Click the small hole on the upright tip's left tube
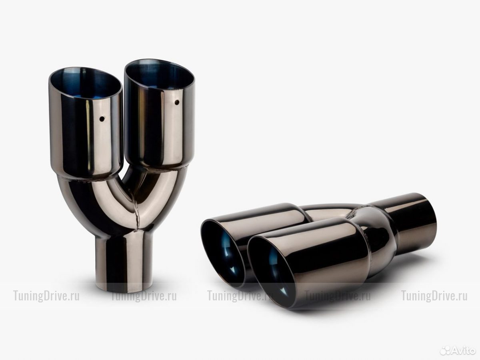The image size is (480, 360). [102, 119]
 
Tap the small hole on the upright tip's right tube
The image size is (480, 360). [177, 102]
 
